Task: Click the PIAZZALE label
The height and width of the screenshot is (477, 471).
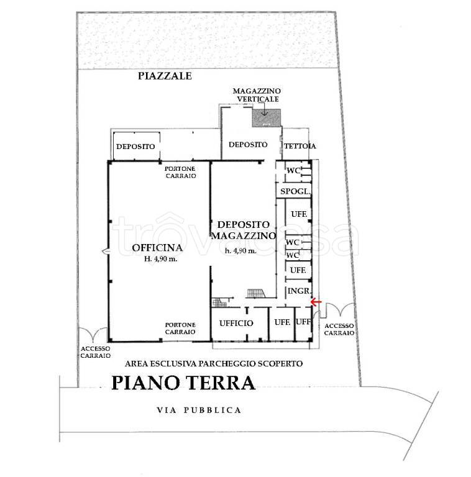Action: [x=165, y=76]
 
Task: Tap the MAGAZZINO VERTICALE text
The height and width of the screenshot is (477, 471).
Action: [x=256, y=95]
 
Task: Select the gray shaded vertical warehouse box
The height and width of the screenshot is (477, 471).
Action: [x=266, y=116]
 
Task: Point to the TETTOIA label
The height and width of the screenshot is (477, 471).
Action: [x=300, y=146]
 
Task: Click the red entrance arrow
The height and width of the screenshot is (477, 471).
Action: [x=316, y=302]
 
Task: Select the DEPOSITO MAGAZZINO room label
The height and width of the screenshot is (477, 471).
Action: [x=243, y=230]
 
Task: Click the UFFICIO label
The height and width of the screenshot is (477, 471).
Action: [x=236, y=323]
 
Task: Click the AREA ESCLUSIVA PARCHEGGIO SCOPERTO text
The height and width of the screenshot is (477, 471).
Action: [x=214, y=363]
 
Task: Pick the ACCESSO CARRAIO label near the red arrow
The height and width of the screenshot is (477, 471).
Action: [x=339, y=329]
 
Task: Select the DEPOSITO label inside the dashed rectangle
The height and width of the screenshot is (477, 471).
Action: [x=135, y=147]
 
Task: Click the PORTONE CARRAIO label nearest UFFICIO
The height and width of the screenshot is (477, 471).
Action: [x=181, y=328]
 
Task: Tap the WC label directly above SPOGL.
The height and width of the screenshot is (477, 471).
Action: [x=293, y=171]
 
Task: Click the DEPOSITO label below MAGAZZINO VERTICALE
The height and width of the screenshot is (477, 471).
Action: [x=248, y=145]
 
